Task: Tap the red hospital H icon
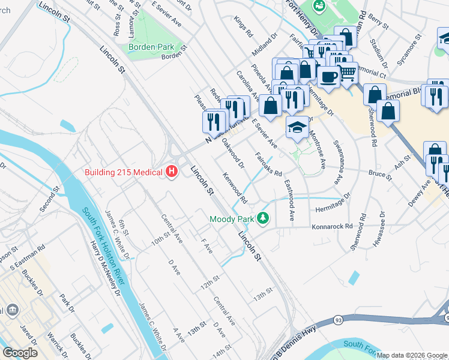point(172,172)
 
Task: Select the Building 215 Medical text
point(123,173)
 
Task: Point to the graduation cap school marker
point(297,127)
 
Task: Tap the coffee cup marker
point(328,76)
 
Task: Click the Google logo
point(20,353)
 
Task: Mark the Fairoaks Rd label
point(268,165)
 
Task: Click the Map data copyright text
point(412,355)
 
